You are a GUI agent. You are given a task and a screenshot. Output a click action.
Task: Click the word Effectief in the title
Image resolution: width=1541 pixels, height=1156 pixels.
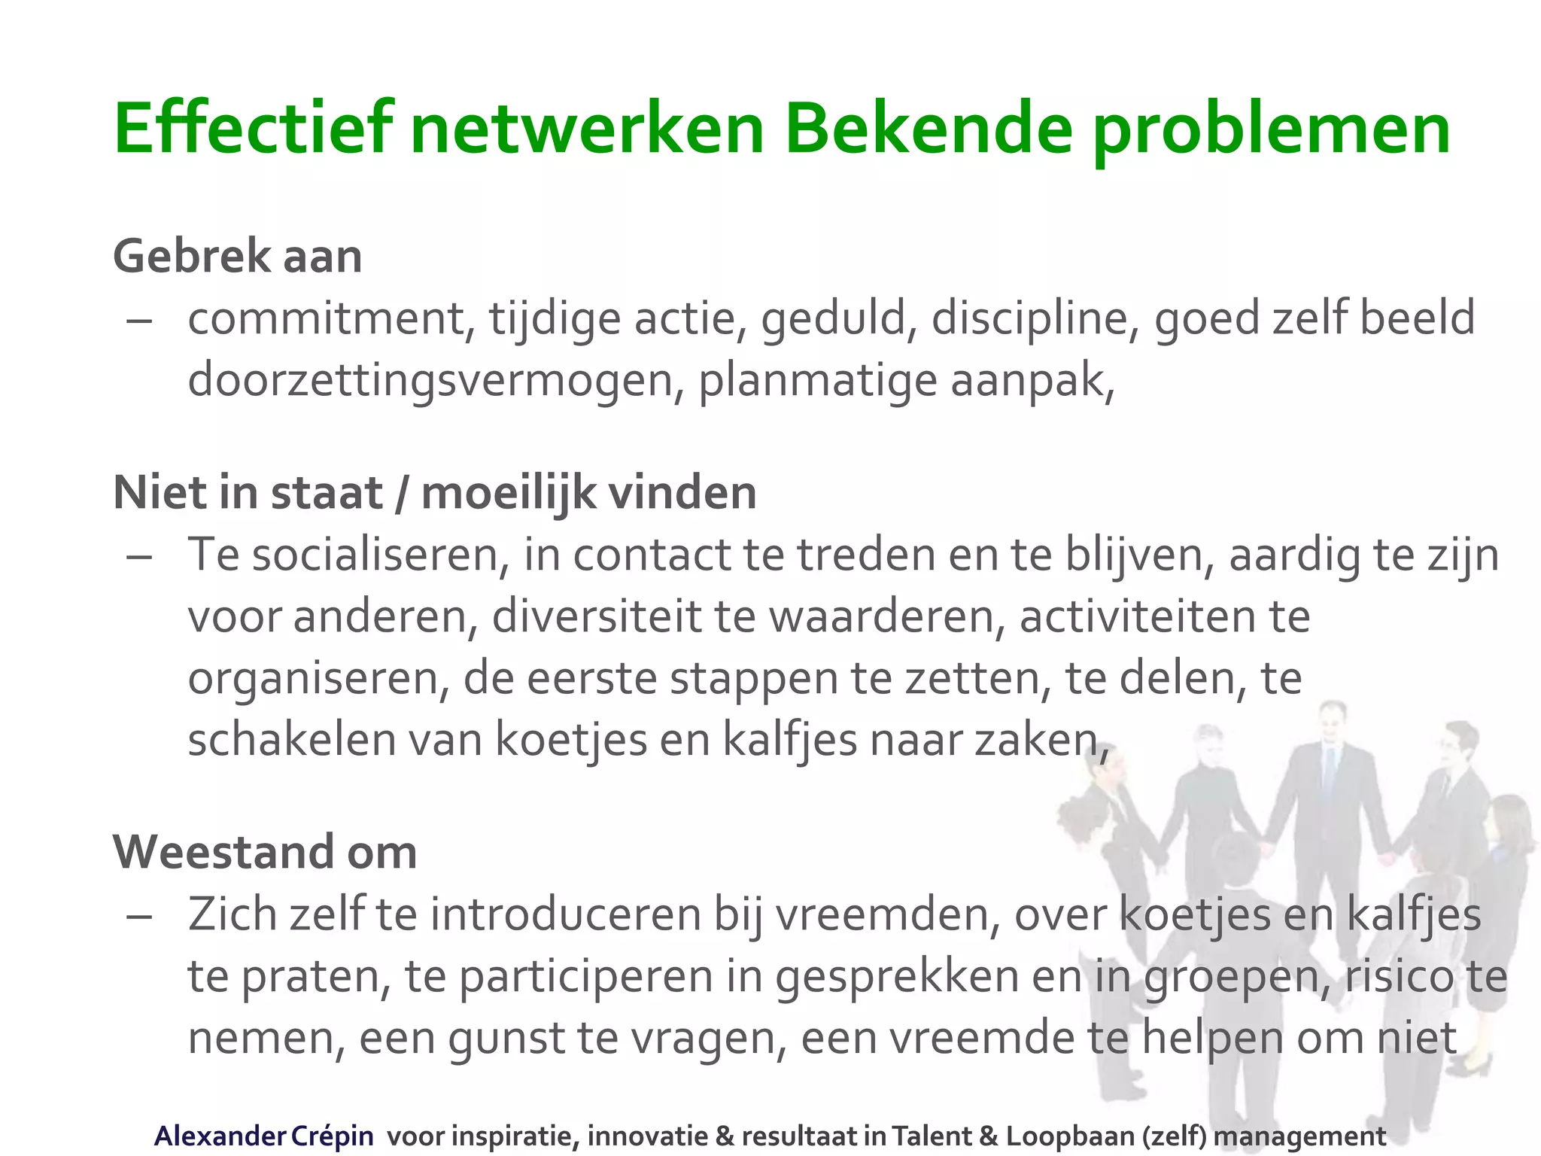pos(252,129)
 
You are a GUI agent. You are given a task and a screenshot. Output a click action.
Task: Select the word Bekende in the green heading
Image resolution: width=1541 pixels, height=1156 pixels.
pos(927,129)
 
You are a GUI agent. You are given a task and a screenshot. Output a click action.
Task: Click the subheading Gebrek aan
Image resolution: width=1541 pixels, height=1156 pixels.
pos(238,257)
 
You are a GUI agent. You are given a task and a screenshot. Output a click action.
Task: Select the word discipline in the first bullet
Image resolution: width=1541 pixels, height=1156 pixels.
pos(1035,318)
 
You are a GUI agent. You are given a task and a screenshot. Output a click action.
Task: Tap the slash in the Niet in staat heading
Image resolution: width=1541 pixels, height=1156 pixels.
pos(402,494)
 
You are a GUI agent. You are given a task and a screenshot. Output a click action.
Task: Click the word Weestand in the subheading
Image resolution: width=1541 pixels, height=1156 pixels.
pos(223,853)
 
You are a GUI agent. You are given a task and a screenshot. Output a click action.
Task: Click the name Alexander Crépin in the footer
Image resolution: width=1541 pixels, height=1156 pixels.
pos(263,1136)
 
